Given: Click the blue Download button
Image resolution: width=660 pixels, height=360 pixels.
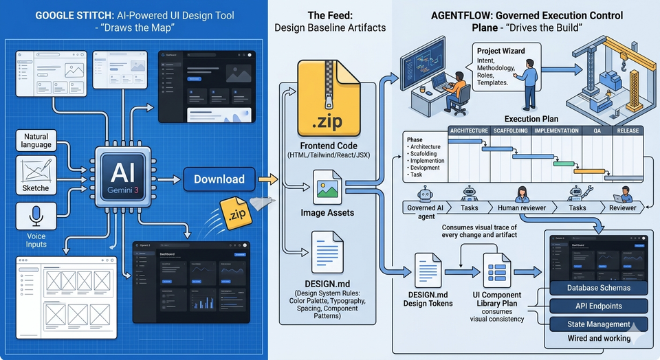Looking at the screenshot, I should tap(219, 179).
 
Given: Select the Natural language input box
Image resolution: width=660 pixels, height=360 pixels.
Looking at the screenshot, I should tap(36, 141).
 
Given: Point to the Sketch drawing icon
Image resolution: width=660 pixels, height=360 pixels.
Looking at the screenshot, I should tap(36, 170).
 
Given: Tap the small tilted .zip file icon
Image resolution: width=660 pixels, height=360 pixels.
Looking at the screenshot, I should tap(234, 212).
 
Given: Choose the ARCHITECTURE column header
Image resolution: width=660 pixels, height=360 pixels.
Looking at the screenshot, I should tap(468, 131).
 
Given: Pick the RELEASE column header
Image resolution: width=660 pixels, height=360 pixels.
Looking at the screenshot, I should tap(628, 131).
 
